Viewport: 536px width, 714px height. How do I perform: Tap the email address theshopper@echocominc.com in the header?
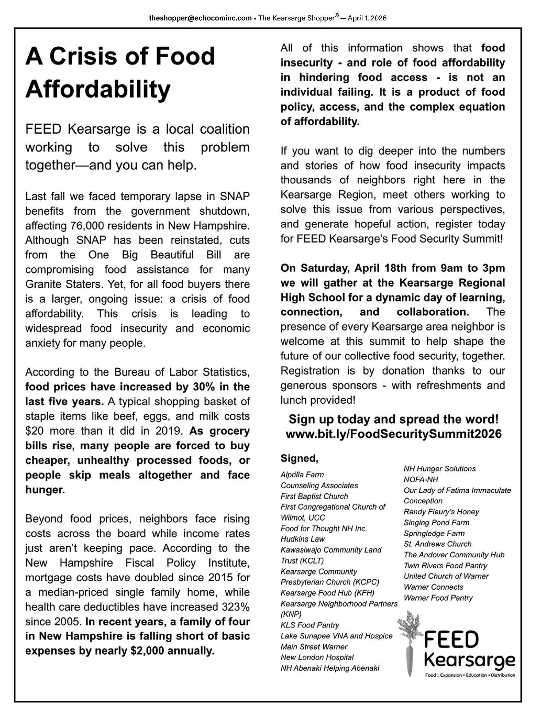coord(200,18)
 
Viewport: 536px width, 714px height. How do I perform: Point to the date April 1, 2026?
coord(367,18)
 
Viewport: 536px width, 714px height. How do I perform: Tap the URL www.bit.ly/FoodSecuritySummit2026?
coord(394,434)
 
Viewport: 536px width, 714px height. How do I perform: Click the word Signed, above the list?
coord(299,458)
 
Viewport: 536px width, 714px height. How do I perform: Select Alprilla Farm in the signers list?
coord(302,475)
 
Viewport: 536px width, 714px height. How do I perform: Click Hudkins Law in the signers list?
coord(302,539)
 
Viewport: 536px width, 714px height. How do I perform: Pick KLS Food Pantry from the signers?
coord(310,625)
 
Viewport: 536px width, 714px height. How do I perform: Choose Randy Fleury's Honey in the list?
coord(441,512)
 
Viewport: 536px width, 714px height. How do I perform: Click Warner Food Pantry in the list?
coord(438,598)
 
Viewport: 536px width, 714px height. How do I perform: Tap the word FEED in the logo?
coord(452,641)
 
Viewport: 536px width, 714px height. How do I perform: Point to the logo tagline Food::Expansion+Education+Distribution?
coord(470,675)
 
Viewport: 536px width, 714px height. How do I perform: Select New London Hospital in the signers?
coord(317,657)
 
